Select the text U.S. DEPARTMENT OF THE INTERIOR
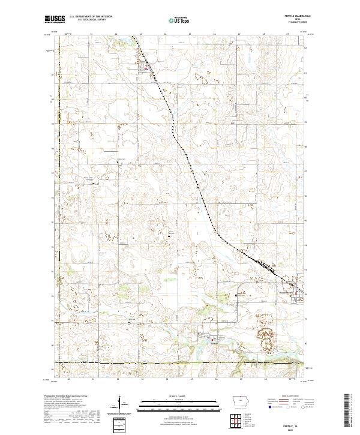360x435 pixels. (91, 17)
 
